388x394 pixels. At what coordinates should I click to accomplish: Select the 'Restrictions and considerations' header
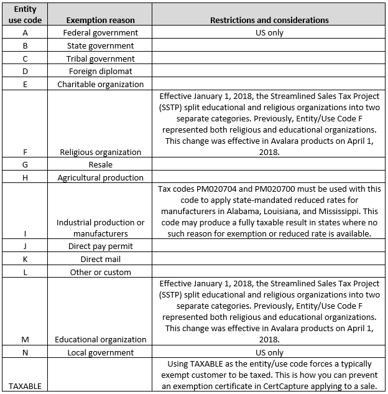pos(269,20)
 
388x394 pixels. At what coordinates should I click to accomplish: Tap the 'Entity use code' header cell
pos(25,14)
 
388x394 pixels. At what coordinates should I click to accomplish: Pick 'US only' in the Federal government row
pos(269,32)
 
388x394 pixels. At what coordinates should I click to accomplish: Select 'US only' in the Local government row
pos(269,352)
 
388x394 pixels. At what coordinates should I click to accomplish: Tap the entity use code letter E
pos(25,84)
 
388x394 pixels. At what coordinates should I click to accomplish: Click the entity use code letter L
pos(25,272)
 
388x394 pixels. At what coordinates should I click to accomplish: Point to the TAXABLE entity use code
pos(25,386)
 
